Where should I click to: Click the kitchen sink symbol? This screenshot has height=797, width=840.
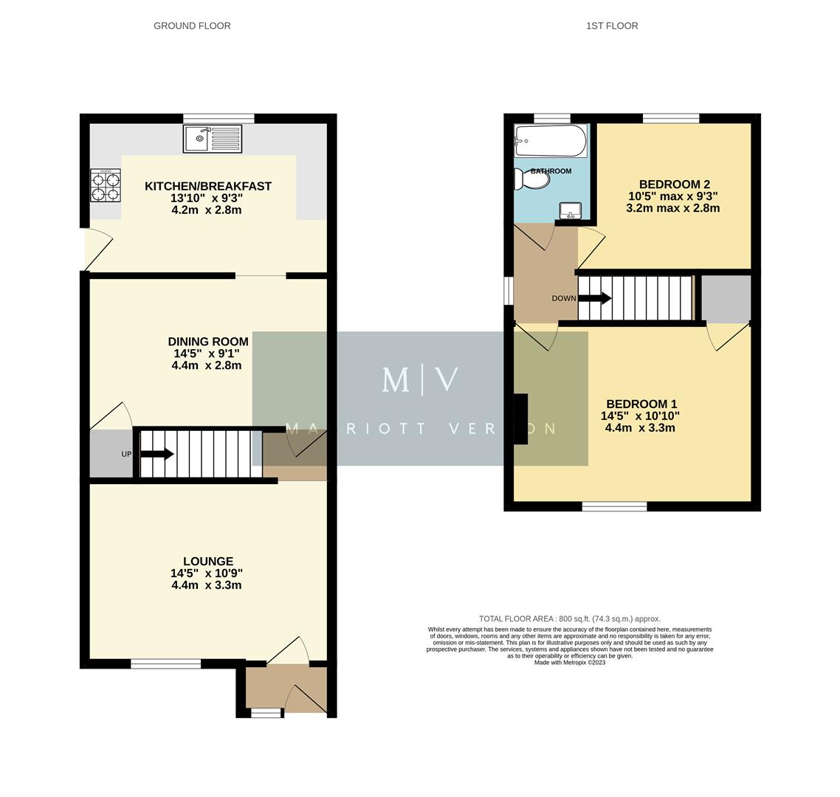click(213, 139)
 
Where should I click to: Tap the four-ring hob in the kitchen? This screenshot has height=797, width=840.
click(105, 186)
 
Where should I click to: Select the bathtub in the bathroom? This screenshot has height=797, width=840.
click(551, 140)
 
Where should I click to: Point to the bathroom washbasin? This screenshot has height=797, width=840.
click(570, 211)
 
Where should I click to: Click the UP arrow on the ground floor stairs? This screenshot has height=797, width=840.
click(157, 454)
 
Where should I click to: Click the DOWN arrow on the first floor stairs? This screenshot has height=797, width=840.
click(594, 298)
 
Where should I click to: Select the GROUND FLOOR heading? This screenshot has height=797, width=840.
click(192, 26)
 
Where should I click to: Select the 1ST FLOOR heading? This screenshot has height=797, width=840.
click(612, 26)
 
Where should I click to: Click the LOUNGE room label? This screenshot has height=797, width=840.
click(208, 562)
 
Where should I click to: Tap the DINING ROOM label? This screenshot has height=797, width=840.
click(207, 342)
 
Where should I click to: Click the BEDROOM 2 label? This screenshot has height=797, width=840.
click(674, 184)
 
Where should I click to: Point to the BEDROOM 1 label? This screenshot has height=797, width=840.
click(641, 404)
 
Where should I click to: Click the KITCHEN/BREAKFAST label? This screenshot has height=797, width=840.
click(207, 187)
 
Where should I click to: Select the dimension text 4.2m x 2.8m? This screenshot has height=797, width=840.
click(206, 210)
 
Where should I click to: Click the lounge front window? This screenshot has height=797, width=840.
click(165, 664)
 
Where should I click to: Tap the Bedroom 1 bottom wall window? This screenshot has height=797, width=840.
click(614, 506)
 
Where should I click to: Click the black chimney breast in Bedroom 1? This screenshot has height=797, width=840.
click(520, 419)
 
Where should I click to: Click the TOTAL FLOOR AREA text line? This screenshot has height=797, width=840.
click(569, 619)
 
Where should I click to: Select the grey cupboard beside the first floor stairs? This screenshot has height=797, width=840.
click(726, 298)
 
